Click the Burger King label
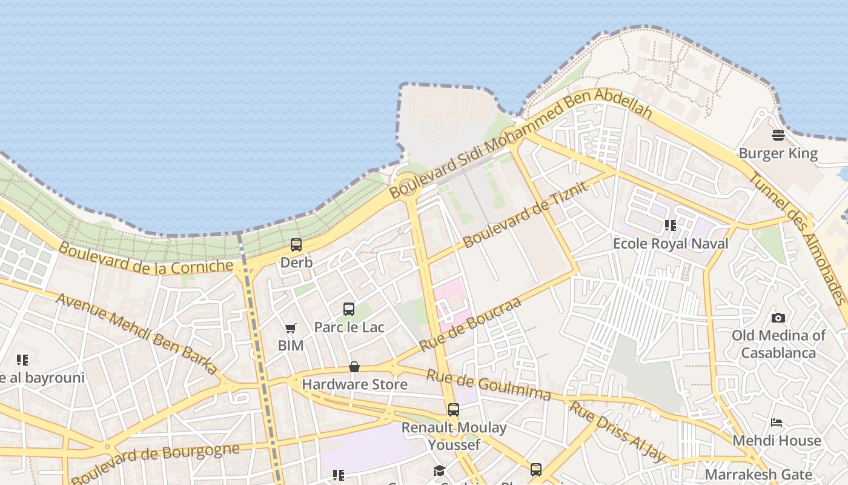(x=778, y=153)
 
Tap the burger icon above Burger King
(x=778, y=135)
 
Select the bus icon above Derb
(x=296, y=245)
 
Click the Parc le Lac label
(x=349, y=327)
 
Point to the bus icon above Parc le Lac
(x=349, y=309)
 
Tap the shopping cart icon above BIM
(x=291, y=328)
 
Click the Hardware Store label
(x=354, y=384)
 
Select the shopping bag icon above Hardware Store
(x=354, y=367)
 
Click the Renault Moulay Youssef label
(x=454, y=436)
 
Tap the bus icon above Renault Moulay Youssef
(x=454, y=410)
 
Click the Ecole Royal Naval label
(x=671, y=244)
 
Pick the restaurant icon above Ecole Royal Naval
(x=671, y=226)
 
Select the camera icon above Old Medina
(x=778, y=318)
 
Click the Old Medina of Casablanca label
(x=778, y=344)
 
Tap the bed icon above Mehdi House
(x=777, y=423)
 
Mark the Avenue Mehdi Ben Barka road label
(x=137, y=333)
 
